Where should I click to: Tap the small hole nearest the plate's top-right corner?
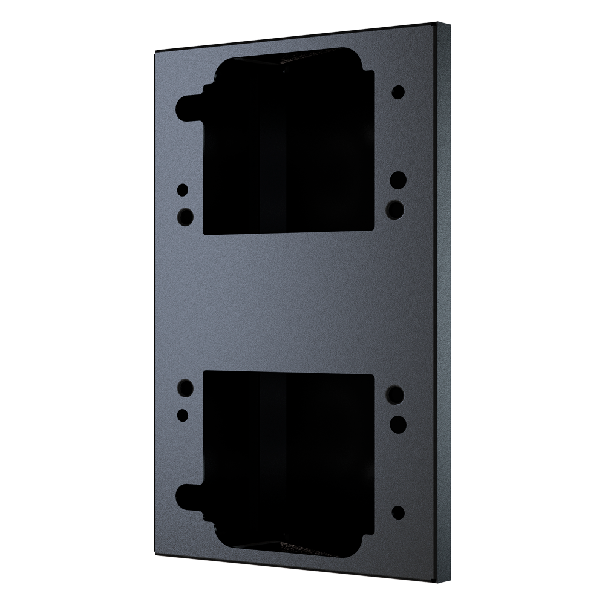click(398, 92)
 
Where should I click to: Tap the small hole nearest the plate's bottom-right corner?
click(398, 512)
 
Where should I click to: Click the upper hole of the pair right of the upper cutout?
click(397, 180)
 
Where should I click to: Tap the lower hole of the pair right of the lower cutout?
click(397, 422)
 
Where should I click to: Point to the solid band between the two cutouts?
click(290, 302)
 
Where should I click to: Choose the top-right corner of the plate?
click(437, 25)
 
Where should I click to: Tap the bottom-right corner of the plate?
click(437, 580)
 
